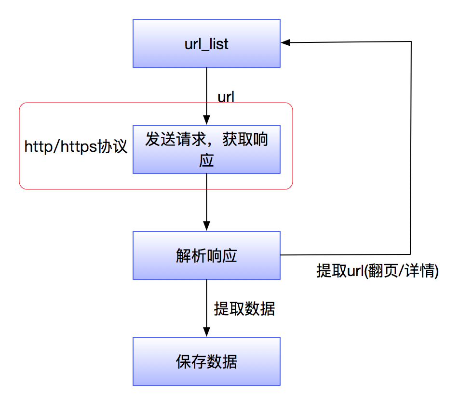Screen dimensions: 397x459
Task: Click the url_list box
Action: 206,43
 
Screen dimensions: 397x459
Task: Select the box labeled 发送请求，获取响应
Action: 206,149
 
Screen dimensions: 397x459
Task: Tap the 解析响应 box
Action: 206,255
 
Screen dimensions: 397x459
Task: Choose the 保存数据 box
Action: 206,361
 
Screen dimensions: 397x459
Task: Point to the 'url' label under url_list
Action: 226,97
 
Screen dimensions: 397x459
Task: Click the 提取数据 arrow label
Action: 244,309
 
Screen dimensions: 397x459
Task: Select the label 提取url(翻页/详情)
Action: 377,271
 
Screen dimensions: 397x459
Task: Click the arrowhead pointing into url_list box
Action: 285,42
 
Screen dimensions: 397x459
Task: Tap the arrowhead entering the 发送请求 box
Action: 206,121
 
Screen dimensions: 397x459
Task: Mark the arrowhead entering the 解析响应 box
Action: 206,227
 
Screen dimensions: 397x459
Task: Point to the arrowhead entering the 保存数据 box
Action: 206,333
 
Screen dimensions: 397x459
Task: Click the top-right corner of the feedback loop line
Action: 411,42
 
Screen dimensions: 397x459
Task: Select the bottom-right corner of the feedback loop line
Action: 411,254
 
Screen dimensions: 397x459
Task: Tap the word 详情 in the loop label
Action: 419,271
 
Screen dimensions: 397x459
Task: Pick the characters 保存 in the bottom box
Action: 191,361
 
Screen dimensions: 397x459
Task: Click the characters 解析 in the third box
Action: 191,255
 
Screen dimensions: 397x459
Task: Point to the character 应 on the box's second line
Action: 206,160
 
